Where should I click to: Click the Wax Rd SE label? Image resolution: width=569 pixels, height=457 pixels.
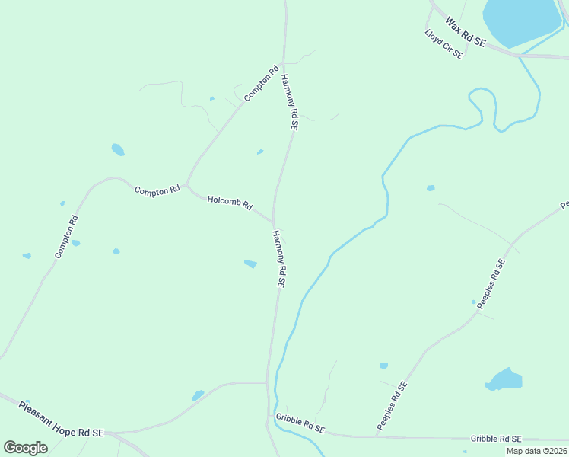click(x=466, y=34)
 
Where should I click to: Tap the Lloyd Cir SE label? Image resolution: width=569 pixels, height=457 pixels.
click(x=443, y=46)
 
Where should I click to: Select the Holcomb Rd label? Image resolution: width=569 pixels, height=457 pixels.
click(x=230, y=202)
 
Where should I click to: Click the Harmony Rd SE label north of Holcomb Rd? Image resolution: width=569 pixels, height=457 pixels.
click(x=289, y=102)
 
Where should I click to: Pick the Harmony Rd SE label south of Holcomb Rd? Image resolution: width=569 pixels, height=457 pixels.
click(x=278, y=258)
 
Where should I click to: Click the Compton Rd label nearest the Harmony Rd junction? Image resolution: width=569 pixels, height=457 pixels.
click(x=262, y=84)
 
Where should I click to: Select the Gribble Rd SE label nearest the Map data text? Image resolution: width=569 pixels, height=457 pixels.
click(x=496, y=439)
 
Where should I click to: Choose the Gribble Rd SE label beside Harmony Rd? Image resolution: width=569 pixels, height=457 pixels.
click(x=300, y=423)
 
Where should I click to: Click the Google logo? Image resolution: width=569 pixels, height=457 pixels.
click(x=26, y=447)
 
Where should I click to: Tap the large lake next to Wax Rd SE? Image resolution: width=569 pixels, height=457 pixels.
click(x=521, y=21)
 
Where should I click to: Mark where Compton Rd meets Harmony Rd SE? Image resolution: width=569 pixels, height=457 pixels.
click(x=283, y=63)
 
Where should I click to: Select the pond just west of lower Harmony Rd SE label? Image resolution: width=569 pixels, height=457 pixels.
click(x=250, y=264)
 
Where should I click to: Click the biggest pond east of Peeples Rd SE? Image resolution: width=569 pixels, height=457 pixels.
click(x=504, y=379)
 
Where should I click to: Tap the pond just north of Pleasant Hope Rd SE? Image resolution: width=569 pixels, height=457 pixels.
click(x=198, y=395)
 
